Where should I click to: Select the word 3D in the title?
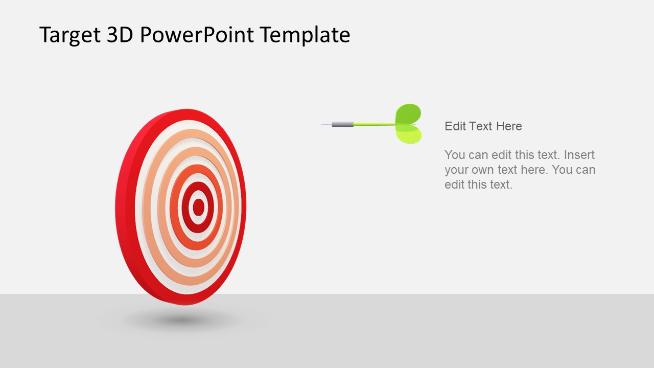pos(120,35)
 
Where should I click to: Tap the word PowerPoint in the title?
pos(196,35)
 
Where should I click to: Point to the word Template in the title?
pos(305,35)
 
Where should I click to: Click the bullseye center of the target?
pos(198,207)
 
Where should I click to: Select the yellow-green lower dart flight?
pos(409,134)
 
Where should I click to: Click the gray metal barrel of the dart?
pos(342,124)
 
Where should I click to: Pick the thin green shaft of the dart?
pos(373,124)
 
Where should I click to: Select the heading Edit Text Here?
pos(483,126)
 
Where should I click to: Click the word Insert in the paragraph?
pos(579,155)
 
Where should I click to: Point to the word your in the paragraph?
pos(456,170)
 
